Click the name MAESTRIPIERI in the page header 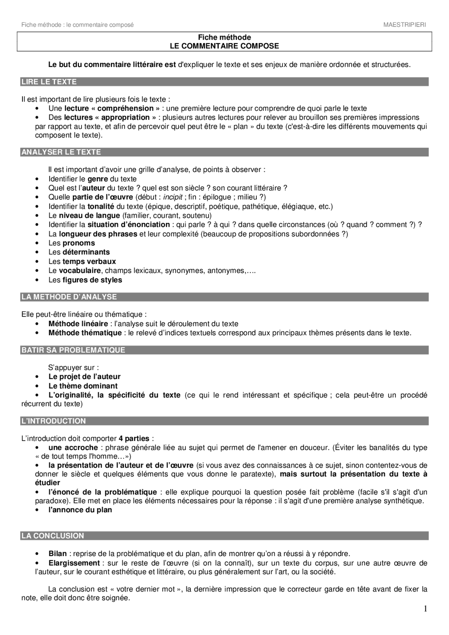click(404, 25)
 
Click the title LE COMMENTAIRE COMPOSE click(224, 46)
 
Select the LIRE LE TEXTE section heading click(49, 82)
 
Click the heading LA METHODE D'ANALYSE click(69, 297)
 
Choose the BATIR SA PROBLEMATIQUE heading click(73, 350)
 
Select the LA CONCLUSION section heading click(53, 536)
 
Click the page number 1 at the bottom click(425, 609)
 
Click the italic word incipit click(173, 197)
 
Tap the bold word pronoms click(79, 243)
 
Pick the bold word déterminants click(86, 252)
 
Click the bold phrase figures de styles click(92, 280)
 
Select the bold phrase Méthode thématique click(85, 333)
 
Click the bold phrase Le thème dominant click(83, 386)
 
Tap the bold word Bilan click(58, 554)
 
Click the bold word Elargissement click(74, 563)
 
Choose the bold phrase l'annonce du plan click(80, 510)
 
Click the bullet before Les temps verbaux click(37, 262)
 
